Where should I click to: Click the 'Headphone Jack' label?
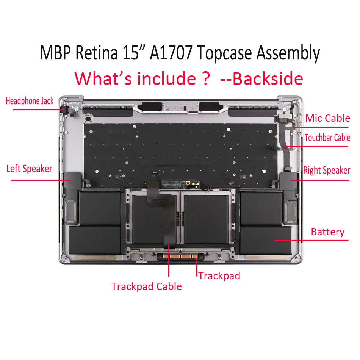[30, 101]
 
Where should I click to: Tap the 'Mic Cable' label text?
[327, 118]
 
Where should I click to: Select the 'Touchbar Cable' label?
[327, 138]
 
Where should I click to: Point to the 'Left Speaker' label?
[29, 169]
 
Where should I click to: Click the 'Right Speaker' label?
[327, 170]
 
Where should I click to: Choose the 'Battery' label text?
[327, 232]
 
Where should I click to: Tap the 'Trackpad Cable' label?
[147, 286]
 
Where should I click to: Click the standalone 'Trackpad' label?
[219, 275]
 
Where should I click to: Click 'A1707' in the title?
[172, 53]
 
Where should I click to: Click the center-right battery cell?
[208, 220]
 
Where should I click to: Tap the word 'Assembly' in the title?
[288, 53]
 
